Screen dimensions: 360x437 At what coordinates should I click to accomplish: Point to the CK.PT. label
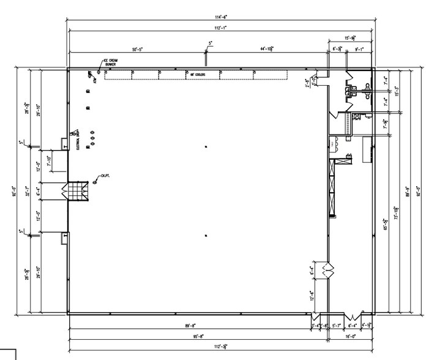pyautogui.click(x=105, y=176)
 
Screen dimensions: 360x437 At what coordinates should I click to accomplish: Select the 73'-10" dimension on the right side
pyautogui.click(x=397, y=208)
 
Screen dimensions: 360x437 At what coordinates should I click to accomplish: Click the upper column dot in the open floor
pyautogui.click(x=206, y=145)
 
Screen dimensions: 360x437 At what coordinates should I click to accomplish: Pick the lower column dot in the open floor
pyautogui.click(x=206, y=235)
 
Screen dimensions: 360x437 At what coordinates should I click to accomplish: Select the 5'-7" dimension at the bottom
pyautogui.click(x=336, y=326)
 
